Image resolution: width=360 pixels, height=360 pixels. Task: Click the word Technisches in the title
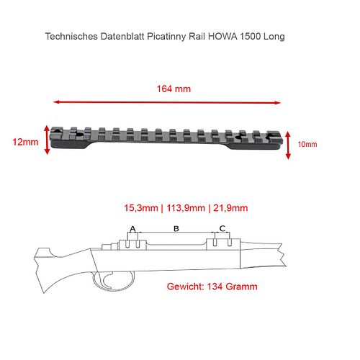[x=71, y=37]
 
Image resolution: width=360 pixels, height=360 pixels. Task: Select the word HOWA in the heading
[x=222, y=37]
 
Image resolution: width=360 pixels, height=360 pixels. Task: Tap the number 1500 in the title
[x=251, y=37]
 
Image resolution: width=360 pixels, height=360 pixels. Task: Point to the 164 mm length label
[x=174, y=89]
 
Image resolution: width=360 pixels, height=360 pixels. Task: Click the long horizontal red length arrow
[x=167, y=102]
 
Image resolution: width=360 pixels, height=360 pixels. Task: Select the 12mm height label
[x=25, y=142]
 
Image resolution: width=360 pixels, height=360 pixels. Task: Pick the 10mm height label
[x=307, y=144]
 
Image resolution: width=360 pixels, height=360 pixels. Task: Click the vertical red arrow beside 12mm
[x=47, y=140]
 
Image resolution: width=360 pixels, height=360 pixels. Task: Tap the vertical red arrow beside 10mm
[x=288, y=145]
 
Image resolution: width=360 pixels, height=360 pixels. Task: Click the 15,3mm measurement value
[x=141, y=208]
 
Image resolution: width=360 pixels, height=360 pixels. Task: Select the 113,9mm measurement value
[x=186, y=208]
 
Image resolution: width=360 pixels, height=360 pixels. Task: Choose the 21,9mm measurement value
[x=230, y=208]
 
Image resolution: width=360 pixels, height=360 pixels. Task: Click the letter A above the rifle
[x=132, y=229]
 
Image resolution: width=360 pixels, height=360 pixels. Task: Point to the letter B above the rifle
[x=176, y=229]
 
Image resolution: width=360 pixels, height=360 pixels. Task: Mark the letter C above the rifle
[x=222, y=228]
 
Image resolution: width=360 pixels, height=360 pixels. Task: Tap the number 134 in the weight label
[x=215, y=287]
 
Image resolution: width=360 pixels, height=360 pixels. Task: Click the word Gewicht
[x=185, y=287]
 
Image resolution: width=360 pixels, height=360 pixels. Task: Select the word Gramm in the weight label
[x=241, y=287]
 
